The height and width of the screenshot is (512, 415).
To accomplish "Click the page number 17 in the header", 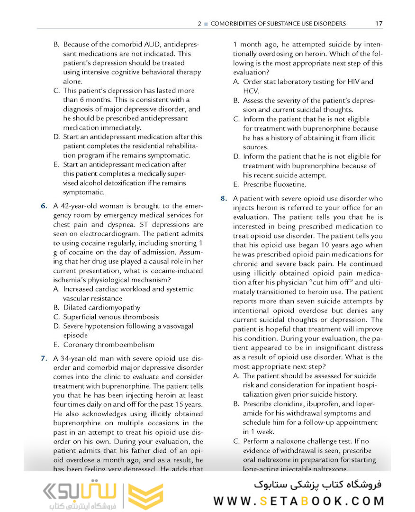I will pos(378,23).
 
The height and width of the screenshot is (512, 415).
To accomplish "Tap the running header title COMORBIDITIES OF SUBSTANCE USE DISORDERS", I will pos(278,23).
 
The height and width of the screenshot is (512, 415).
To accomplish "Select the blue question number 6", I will pos(44,206).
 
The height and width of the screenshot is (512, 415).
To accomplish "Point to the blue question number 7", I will pos(44,358).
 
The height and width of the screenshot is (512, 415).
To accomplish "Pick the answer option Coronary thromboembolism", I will pos(108,345).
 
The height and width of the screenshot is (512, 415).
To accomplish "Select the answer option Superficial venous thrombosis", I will pos(111,317).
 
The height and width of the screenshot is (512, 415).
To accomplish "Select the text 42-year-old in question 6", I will pos(79,206).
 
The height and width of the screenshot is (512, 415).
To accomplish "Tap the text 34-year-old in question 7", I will pos(79,358).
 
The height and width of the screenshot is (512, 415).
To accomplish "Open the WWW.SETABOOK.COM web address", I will pos(299,501).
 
